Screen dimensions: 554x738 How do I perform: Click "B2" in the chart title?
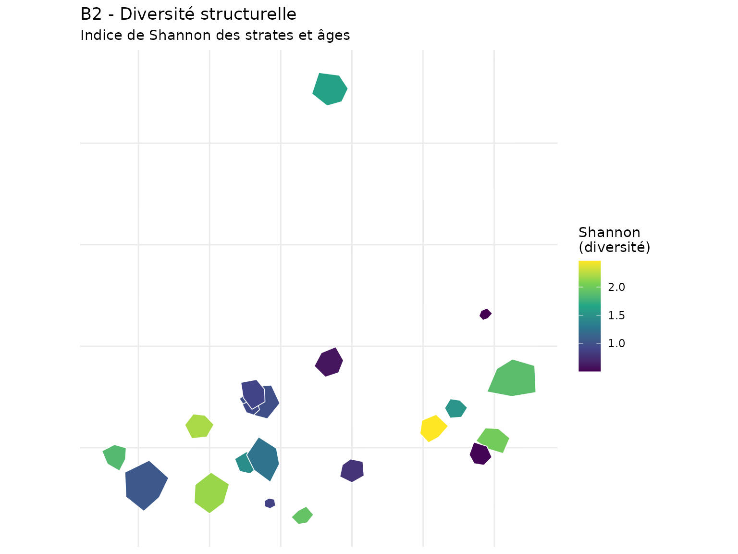click(x=91, y=14)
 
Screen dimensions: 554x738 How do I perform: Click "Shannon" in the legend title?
click(x=609, y=233)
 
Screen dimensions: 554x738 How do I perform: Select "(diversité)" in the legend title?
click(x=614, y=248)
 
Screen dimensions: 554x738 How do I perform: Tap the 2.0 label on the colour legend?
click(x=616, y=288)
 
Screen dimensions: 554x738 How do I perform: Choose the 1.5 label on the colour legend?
click(x=616, y=315)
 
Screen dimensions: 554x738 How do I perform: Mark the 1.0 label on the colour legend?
click(x=616, y=343)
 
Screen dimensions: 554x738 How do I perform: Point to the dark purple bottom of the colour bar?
click(x=590, y=368)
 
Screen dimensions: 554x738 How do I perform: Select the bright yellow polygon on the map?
click(x=433, y=428)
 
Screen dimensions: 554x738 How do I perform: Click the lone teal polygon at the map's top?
click(x=330, y=89)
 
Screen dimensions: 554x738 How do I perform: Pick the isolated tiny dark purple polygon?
click(x=485, y=314)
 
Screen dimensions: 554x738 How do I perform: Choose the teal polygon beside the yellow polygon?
click(x=455, y=408)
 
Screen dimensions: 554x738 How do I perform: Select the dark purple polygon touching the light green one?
click(x=480, y=453)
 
